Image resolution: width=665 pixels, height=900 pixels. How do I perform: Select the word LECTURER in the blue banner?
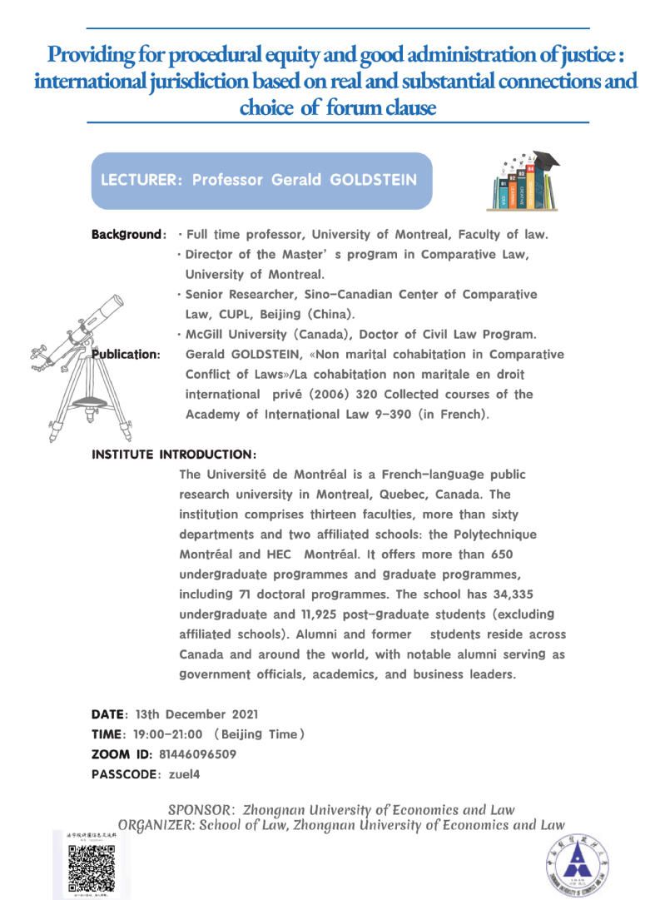click(138, 181)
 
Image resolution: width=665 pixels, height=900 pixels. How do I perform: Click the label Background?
click(125, 235)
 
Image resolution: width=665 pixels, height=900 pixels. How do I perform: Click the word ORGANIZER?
click(156, 825)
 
